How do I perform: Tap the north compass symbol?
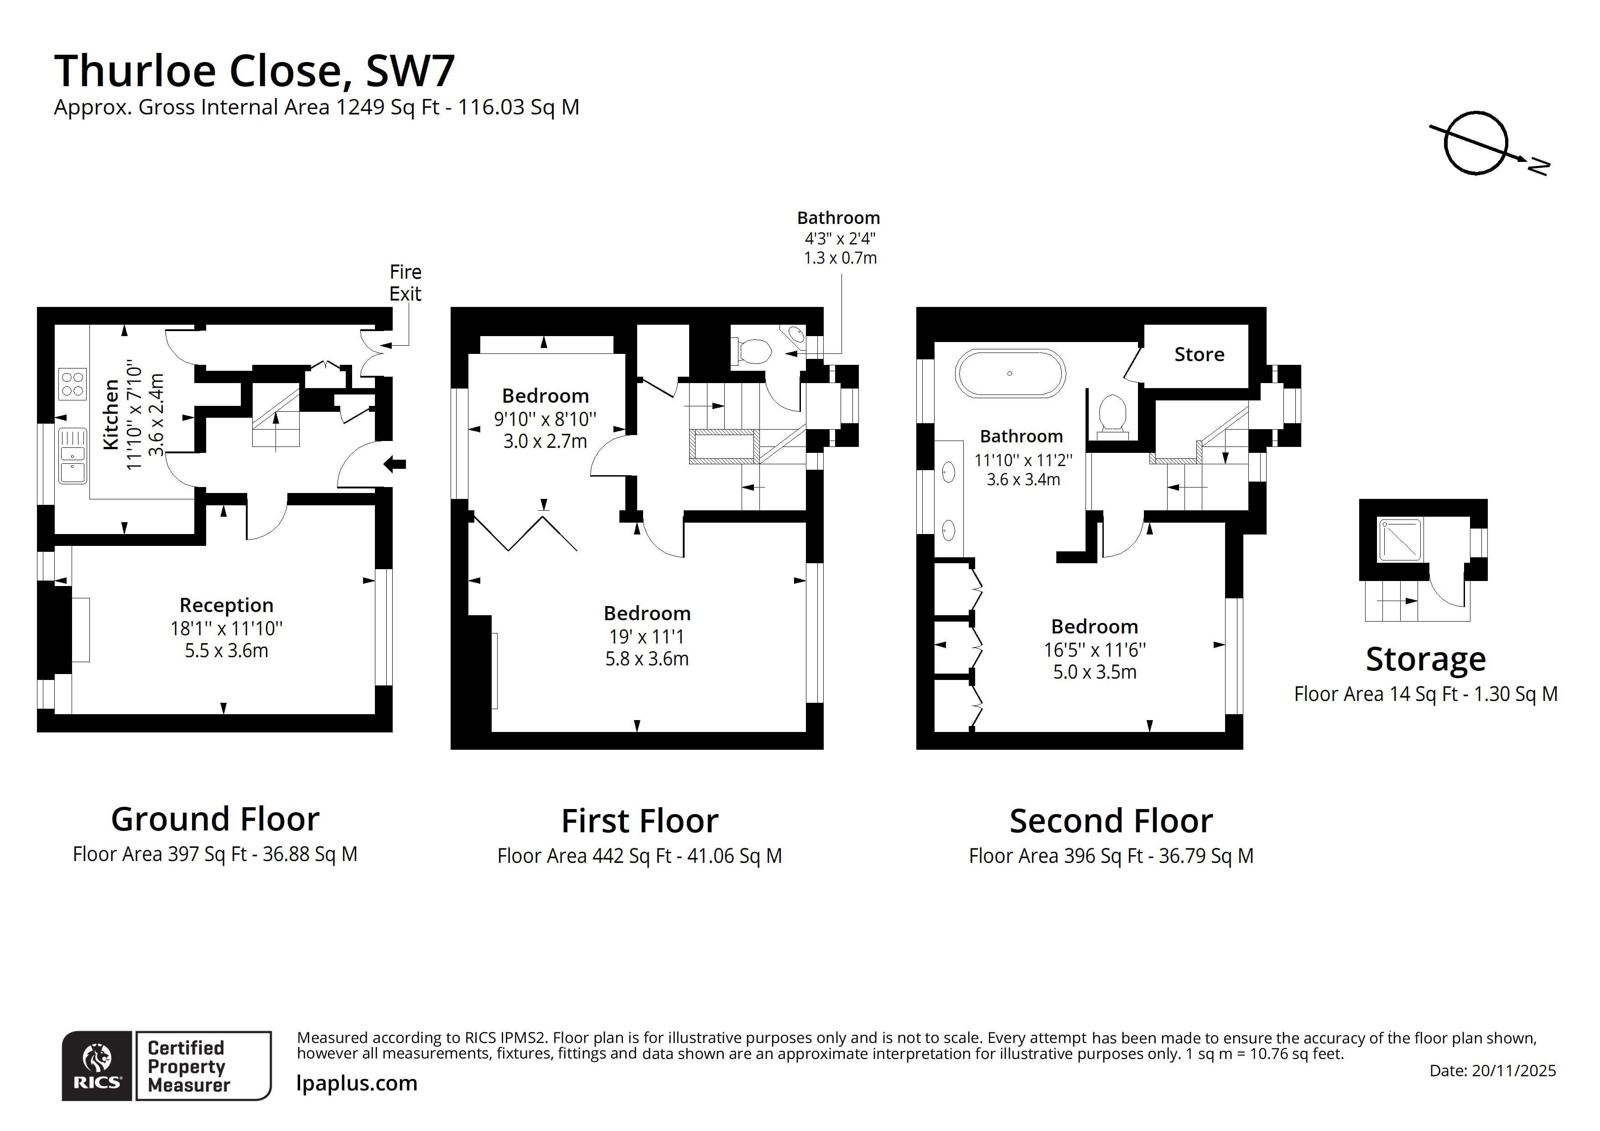click(1475, 143)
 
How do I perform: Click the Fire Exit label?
click(405, 282)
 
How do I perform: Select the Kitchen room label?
click(111, 415)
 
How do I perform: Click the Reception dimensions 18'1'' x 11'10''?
click(227, 628)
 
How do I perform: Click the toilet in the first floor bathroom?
click(753, 351)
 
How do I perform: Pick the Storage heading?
click(1426, 659)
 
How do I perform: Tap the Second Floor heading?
click(1111, 821)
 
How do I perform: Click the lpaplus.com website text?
click(357, 1083)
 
